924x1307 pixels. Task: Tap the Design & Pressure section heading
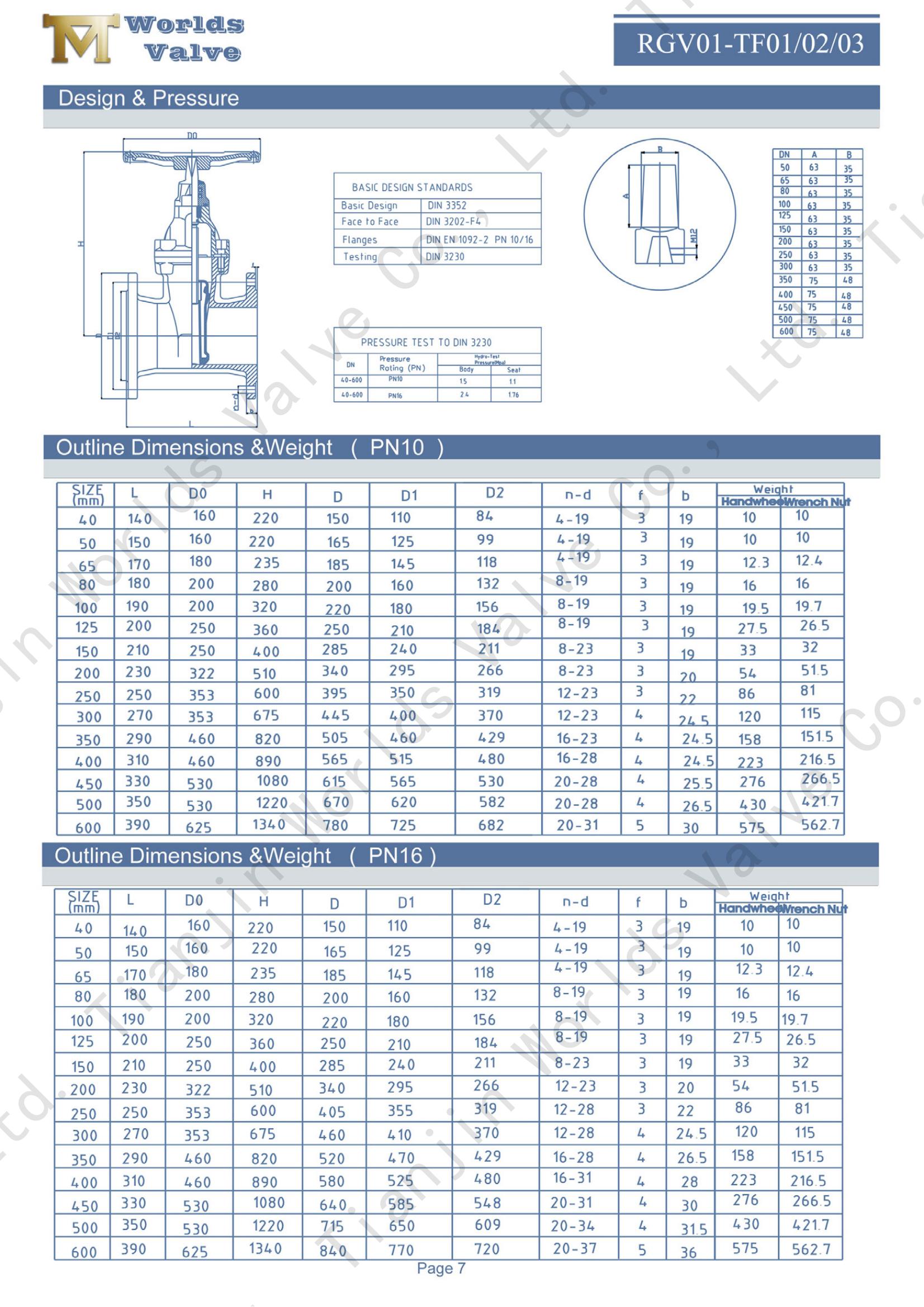(x=149, y=98)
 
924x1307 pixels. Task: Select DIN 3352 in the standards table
(x=447, y=206)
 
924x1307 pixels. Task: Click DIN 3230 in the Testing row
(x=444, y=256)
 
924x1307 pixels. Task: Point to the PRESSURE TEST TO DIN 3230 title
(x=426, y=343)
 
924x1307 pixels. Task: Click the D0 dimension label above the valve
(x=192, y=135)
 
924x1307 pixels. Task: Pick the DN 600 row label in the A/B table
(x=786, y=331)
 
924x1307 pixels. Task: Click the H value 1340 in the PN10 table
(x=269, y=824)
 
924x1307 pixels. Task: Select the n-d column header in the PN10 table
(x=578, y=495)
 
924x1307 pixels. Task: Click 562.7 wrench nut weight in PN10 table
(x=820, y=824)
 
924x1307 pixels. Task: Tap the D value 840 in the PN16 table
(x=333, y=1251)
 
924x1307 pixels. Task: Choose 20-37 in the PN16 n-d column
(x=575, y=1248)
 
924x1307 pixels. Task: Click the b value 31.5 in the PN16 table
(x=694, y=1229)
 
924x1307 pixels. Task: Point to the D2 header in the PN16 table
(x=492, y=900)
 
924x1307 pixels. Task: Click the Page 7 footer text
(x=440, y=1268)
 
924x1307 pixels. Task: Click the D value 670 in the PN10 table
(x=336, y=802)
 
